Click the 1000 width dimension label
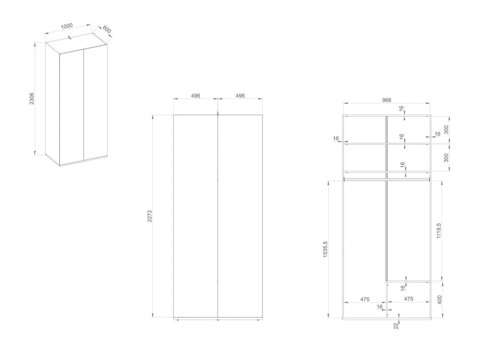click(x=66, y=26)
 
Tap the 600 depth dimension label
click(x=107, y=30)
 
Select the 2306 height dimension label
click(x=32, y=98)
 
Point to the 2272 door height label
click(x=150, y=216)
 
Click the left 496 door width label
click(x=196, y=96)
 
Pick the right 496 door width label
click(x=240, y=96)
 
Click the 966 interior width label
click(x=387, y=100)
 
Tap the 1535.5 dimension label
click(x=325, y=249)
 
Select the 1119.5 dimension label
click(x=439, y=231)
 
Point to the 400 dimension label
click(x=440, y=300)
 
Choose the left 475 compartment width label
click(x=365, y=299)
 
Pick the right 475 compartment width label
click(x=408, y=298)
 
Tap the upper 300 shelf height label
click(x=446, y=130)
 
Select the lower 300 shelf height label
click(x=446, y=158)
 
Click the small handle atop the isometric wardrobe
click(x=70, y=37)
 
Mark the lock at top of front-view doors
click(x=218, y=113)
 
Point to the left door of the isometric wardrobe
click(x=72, y=107)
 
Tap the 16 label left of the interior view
click(x=336, y=138)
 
